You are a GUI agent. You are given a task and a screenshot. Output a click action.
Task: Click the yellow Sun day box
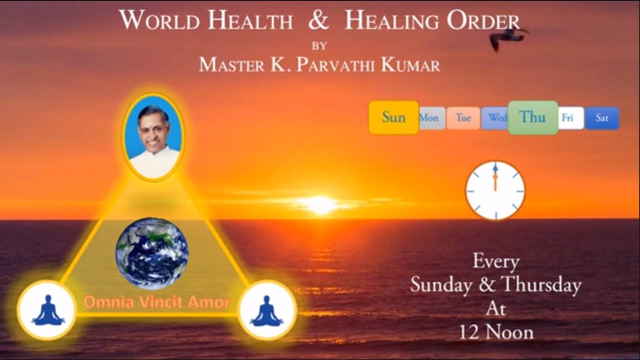tap(393, 117)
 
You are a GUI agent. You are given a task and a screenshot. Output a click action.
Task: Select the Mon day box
tap(429, 118)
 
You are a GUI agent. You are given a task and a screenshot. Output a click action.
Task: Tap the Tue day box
tap(463, 118)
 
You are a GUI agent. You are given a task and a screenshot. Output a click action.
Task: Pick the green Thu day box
tap(532, 117)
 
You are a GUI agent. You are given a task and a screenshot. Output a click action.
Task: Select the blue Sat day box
tap(602, 118)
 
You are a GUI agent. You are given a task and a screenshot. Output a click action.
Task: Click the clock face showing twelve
tap(495, 190)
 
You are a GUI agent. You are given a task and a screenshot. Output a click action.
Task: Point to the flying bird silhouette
tap(506, 37)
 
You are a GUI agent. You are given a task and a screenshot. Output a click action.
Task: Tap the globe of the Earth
tap(152, 253)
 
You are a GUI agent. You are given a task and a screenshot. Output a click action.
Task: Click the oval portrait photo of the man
tap(153, 136)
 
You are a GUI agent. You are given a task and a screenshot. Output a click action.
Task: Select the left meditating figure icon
tap(47, 310)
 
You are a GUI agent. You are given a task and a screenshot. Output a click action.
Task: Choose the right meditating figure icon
tap(267, 310)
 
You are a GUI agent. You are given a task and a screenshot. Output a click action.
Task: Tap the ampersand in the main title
tap(318, 21)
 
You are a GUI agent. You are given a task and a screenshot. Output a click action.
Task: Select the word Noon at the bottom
tap(510, 332)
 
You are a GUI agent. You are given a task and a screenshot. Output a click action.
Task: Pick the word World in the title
tap(160, 21)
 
